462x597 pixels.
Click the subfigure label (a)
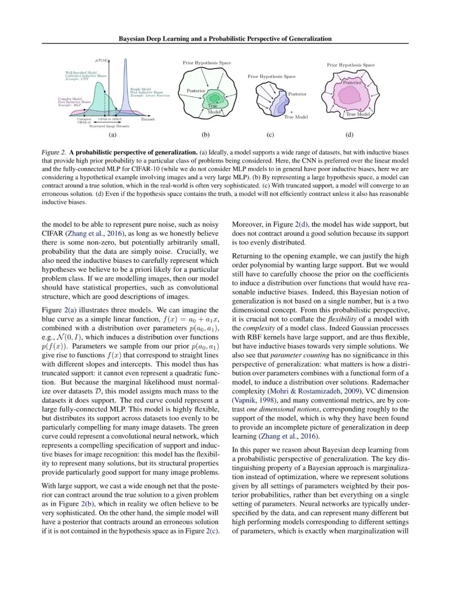coord(113,135)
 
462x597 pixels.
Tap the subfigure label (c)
coord(270,135)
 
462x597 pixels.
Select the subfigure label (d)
coord(349,135)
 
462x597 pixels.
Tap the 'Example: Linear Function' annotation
coord(150,95)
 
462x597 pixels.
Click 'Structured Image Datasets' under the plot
coord(109,126)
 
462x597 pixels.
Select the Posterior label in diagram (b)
coord(196,91)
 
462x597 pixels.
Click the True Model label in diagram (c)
coord(296,117)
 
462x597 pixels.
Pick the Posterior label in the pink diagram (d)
coord(352,82)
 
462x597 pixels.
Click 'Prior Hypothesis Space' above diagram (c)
coord(271,76)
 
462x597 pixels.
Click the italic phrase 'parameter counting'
coord(299,355)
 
